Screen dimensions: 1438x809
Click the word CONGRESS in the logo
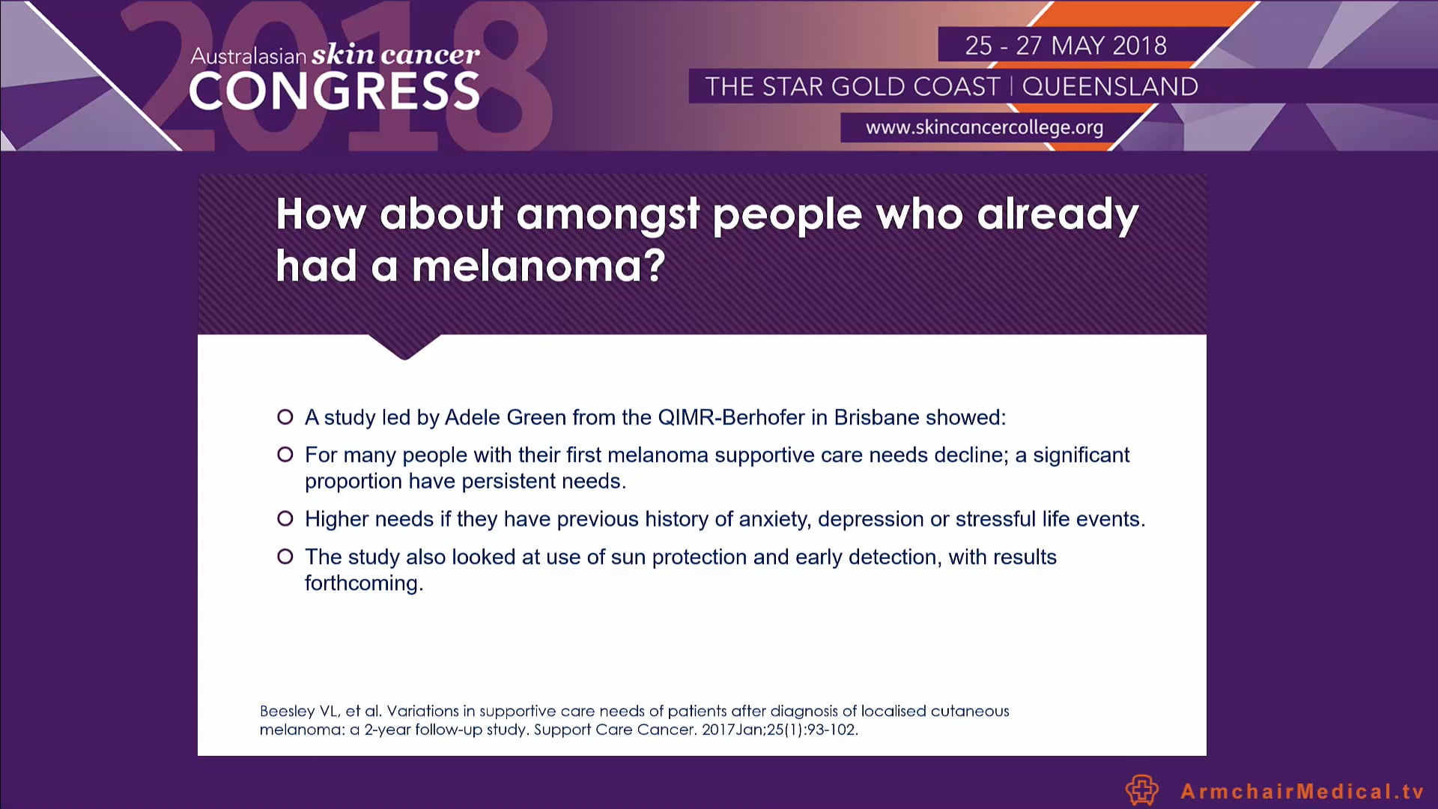click(334, 92)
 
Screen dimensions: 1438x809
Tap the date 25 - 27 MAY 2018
click(1066, 46)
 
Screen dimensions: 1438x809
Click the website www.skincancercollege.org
click(984, 127)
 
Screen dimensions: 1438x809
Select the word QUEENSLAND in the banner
click(1110, 87)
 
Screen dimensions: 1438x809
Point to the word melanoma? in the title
click(539, 266)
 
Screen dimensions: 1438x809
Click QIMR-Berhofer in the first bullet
click(731, 417)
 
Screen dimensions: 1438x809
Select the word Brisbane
click(876, 417)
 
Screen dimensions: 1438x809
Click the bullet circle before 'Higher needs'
click(285, 518)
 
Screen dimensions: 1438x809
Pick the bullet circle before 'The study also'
click(285, 557)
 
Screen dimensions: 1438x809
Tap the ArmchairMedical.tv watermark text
click(1302, 791)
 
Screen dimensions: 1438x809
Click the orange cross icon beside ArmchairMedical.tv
click(1142, 790)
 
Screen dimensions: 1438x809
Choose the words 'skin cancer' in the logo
click(395, 55)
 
